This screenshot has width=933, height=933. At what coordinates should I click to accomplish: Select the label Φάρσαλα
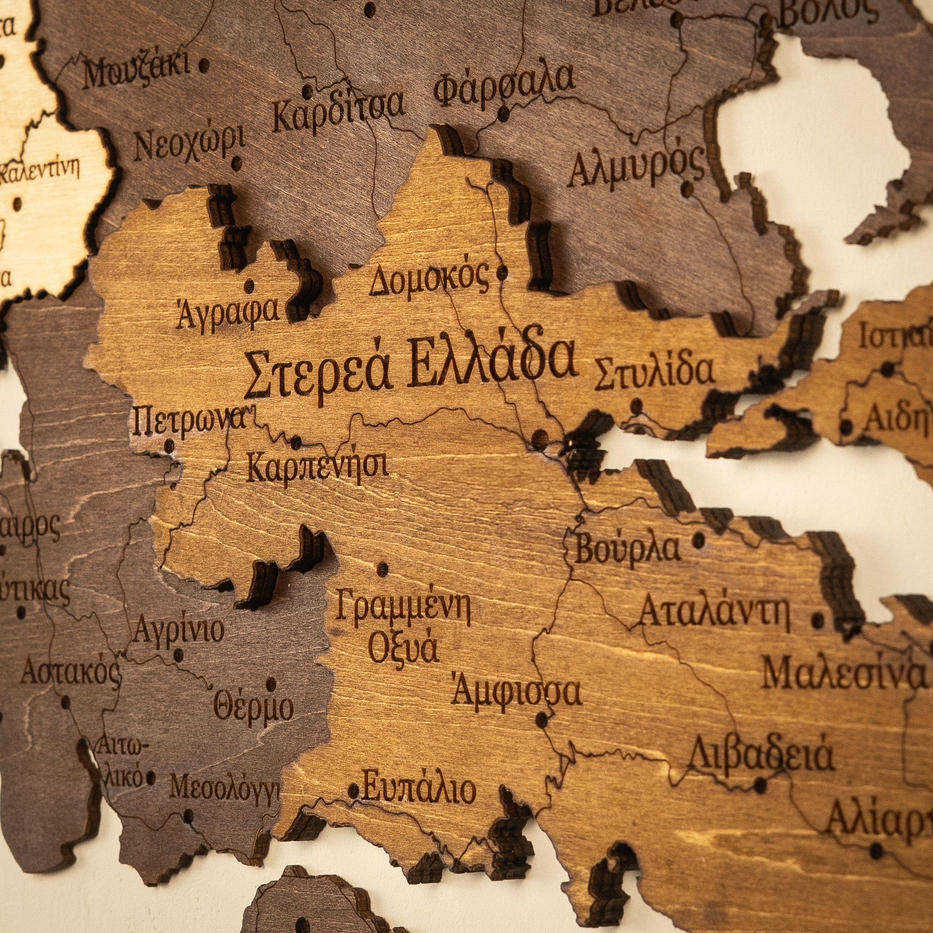pos(505,87)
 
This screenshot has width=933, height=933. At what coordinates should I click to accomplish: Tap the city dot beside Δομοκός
pos(502,273)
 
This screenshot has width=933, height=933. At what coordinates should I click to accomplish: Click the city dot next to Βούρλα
pos(698,539)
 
